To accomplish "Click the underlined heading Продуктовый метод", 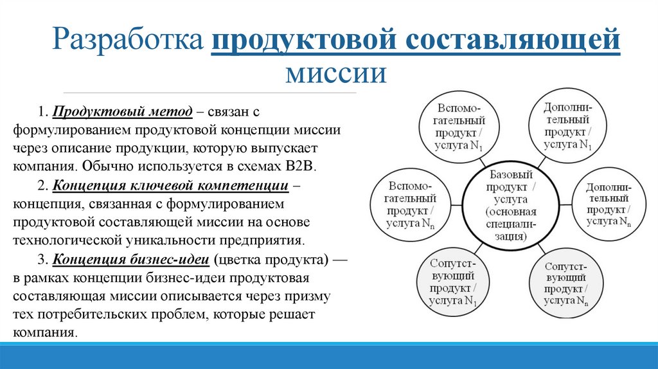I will coord(123,112).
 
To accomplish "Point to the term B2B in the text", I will coord(301,165).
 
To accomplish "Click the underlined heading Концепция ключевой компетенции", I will coord(170,186).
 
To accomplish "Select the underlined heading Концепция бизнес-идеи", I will coord(131,260).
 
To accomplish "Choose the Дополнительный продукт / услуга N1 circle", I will coord(567,125).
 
